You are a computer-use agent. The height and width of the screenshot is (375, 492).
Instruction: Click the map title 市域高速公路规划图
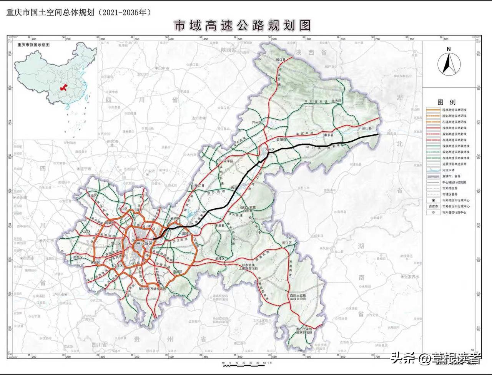point(242,26)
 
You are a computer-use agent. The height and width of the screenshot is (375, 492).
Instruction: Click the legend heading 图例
point(446,102)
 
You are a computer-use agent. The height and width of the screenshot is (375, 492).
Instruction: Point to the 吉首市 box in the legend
point(434,206)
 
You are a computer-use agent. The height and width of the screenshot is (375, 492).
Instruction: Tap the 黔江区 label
point(287,243)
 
